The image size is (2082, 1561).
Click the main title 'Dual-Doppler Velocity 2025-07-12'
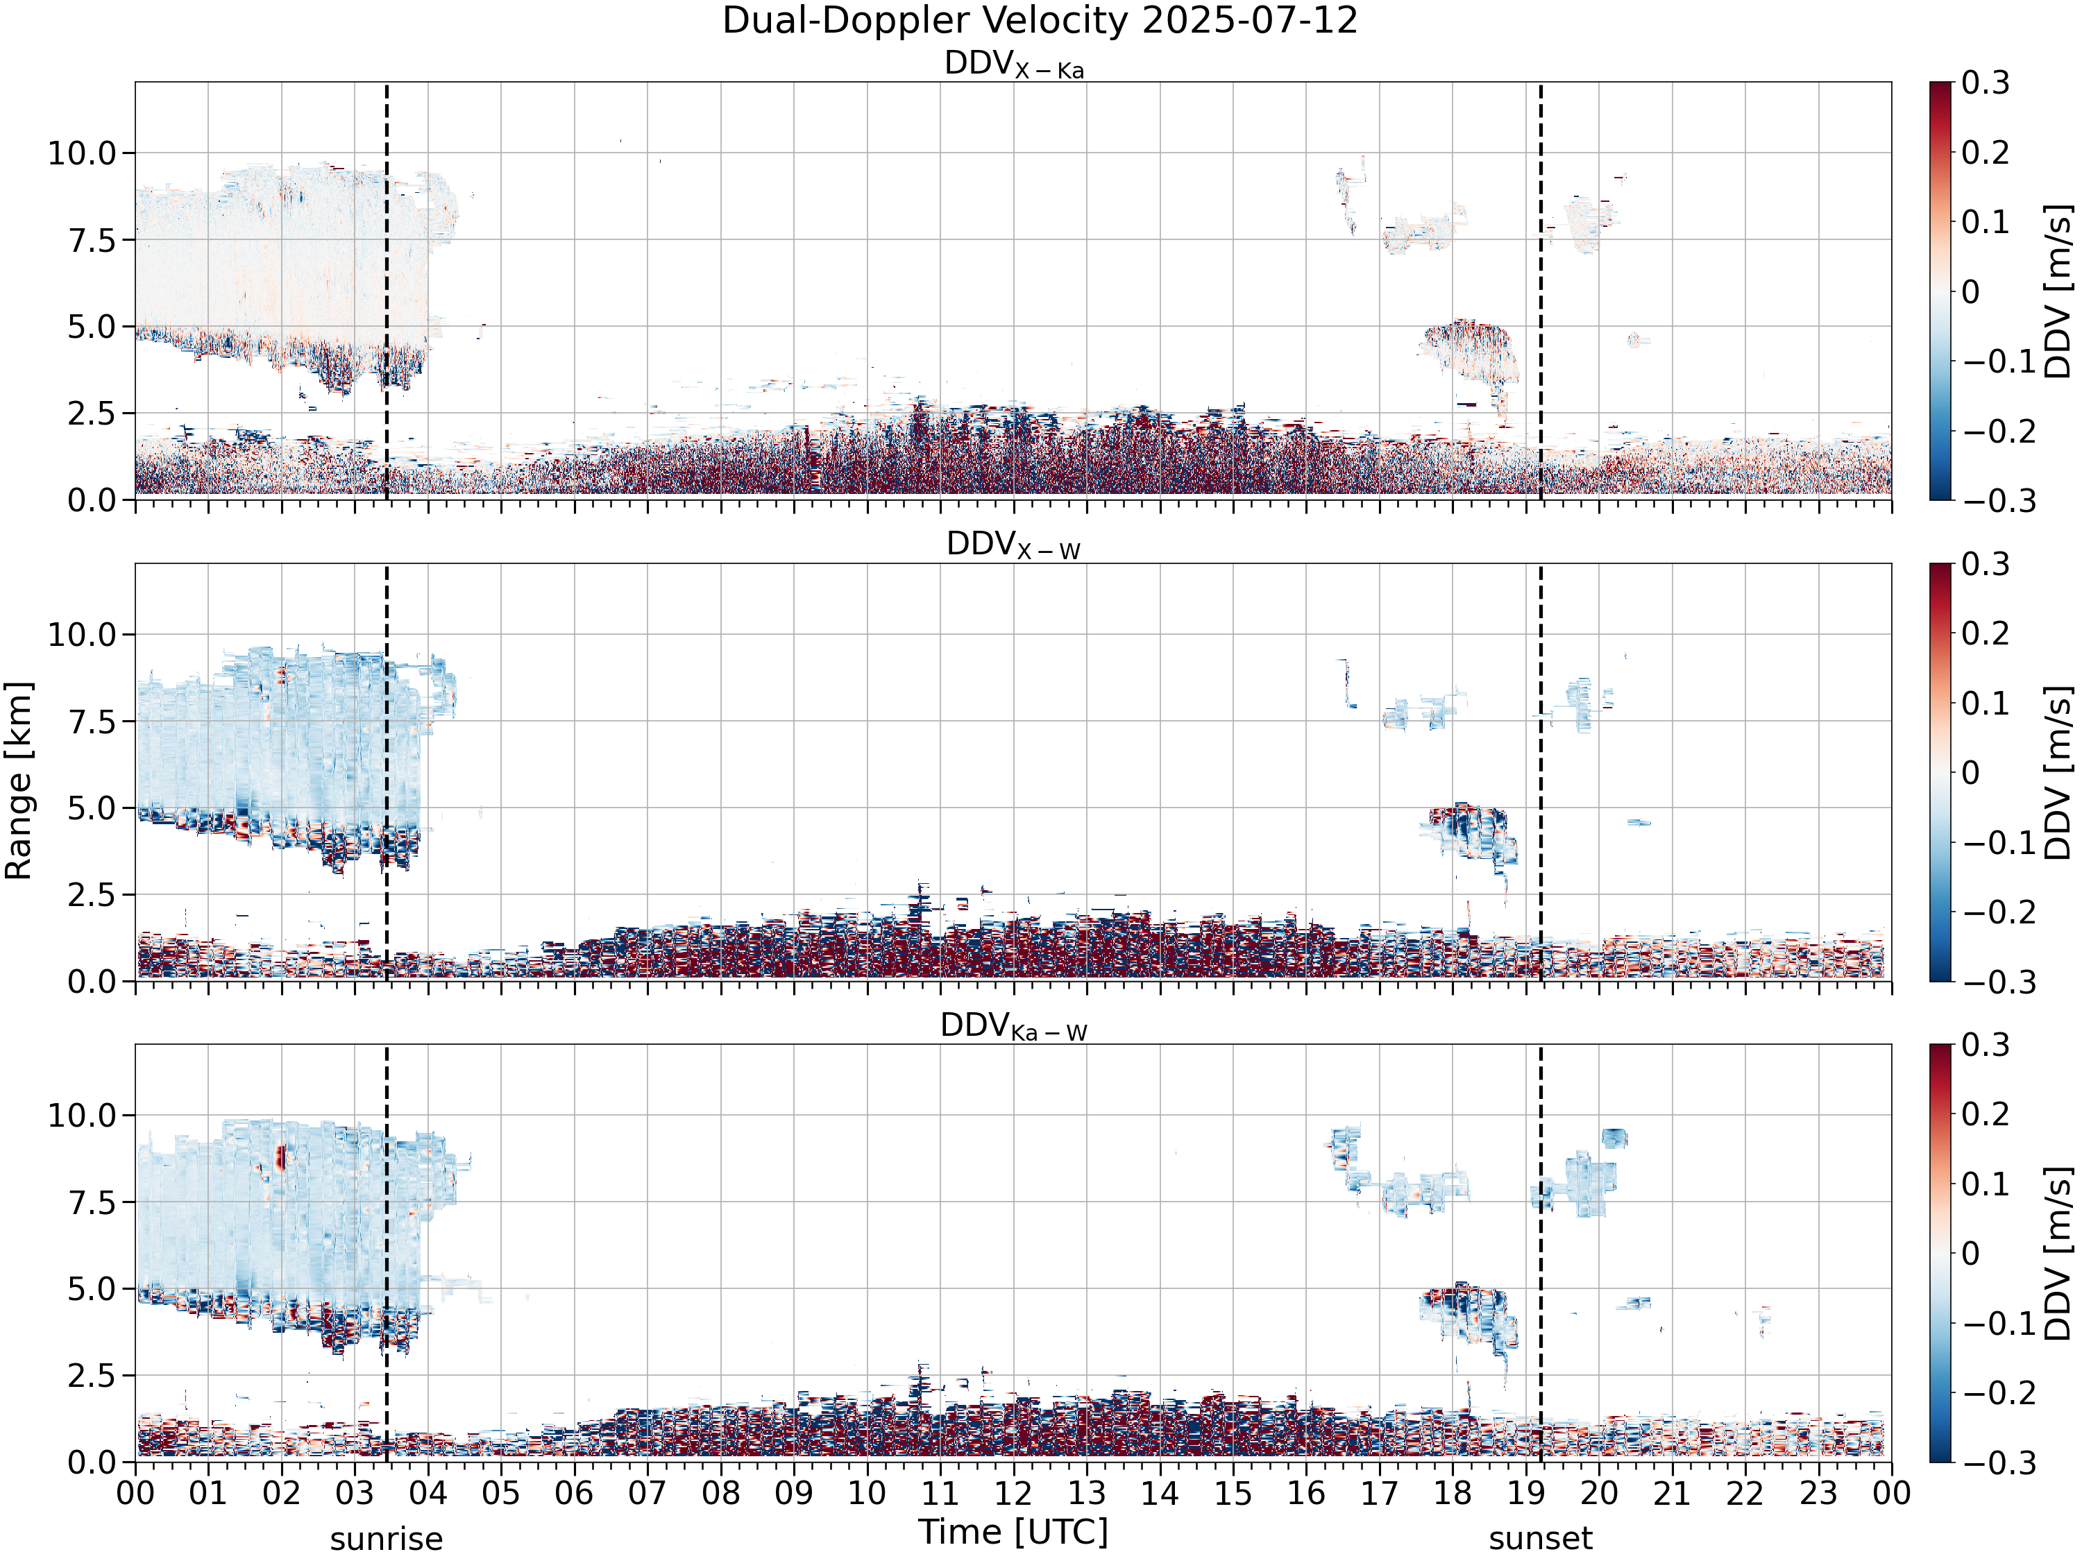[1040, 21]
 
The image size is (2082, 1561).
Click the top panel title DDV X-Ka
[1014, 65]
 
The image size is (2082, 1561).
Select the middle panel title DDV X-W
[1014, 546]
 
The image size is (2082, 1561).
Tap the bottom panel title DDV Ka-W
[1014, 1027]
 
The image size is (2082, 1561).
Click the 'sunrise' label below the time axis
[386, 1539]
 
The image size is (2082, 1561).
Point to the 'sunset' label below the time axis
[1541, 1539]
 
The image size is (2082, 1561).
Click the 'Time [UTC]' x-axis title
[1014, 1532]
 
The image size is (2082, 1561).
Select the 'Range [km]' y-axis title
[19, 781]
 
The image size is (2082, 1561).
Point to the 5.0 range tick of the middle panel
[92, 808]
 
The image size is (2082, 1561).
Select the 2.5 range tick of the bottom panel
[92, 1376]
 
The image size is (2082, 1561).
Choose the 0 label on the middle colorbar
[1970, 772]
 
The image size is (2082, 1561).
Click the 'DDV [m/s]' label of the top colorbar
[2058, 291]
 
